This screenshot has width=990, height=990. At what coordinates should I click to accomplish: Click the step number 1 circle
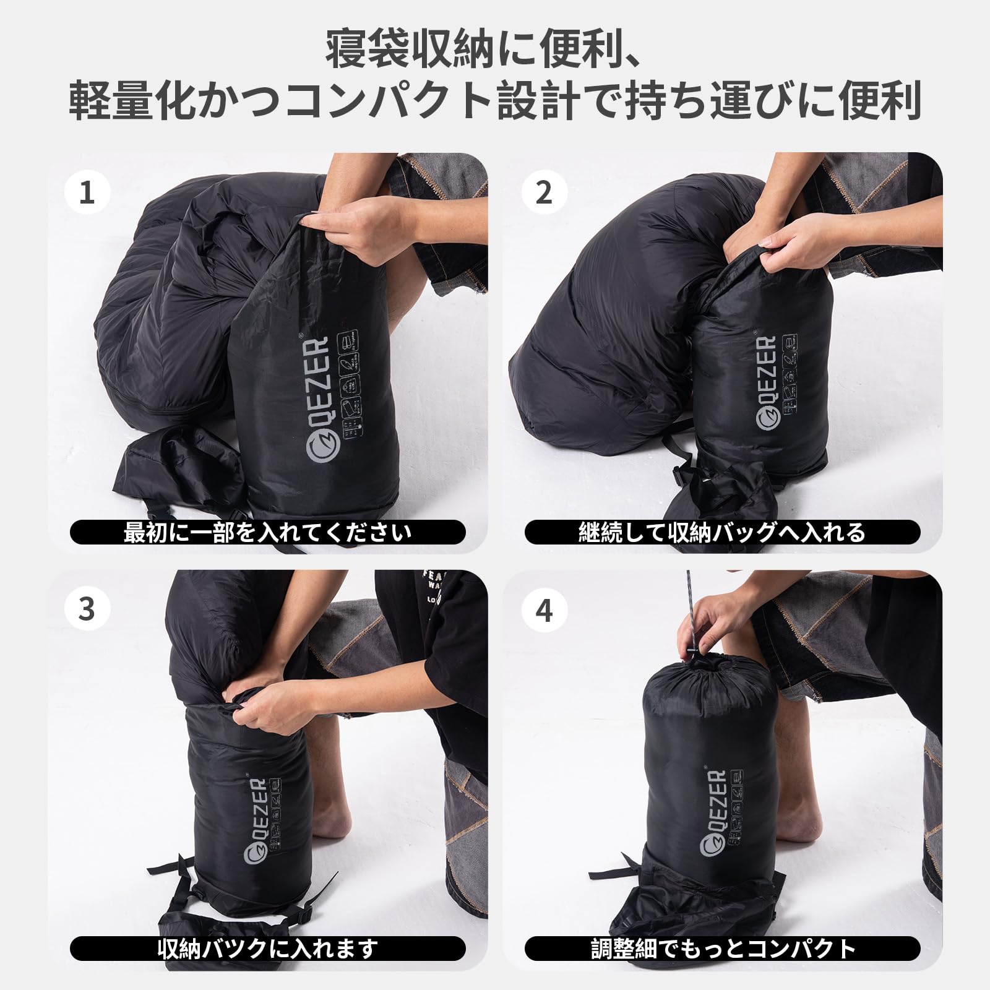(87, 193)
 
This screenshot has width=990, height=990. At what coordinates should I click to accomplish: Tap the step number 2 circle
(544, 193)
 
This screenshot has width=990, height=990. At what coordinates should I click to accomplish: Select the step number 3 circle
(87, 609)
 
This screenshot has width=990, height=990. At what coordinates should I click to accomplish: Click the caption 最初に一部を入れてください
(267, 532)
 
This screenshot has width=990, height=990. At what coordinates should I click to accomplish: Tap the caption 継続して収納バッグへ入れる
(722, 532)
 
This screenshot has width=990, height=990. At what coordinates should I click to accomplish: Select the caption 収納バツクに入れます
(267, 947)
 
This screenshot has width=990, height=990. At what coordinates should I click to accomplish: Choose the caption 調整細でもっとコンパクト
(722, 947)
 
